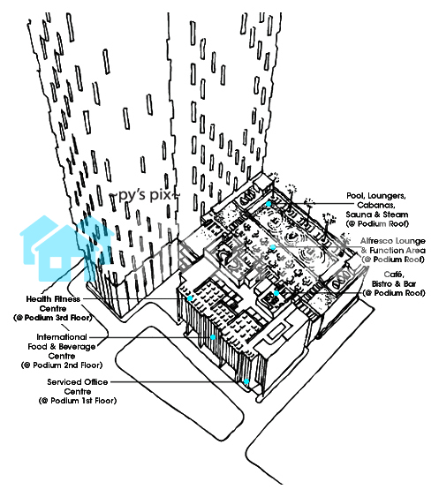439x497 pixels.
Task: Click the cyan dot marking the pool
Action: (x=269, y=204)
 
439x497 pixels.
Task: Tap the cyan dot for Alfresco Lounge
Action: (x=273, y=247)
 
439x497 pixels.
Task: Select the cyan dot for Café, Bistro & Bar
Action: (x=276, y=293)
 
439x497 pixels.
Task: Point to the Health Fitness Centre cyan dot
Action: (x=190, y=298)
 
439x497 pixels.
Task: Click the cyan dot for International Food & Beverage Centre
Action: (x=213, y=337)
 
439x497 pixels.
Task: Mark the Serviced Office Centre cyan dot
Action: (x=246, y=381)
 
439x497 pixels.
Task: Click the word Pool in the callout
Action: (x=354, y=196)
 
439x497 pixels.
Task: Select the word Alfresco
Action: (x=375, y=241)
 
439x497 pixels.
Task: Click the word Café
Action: (x=393, y=275)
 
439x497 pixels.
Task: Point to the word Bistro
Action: (x=382, y=283)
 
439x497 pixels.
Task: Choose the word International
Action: (x=62, y=337)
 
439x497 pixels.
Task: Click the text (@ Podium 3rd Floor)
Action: (x=53, y=318)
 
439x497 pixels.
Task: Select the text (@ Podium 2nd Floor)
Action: (x=62, y=365)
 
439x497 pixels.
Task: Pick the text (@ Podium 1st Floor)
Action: (x=78, y=401)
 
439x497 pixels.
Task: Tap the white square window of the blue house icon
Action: (x=56, y=262)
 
